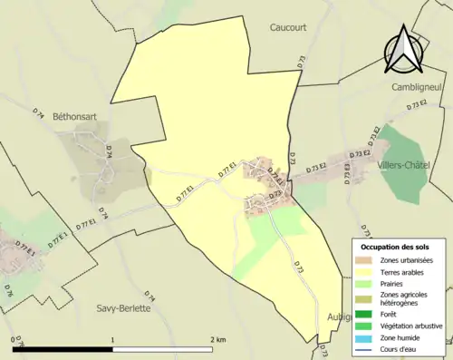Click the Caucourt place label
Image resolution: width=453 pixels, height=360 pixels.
coord(290,27)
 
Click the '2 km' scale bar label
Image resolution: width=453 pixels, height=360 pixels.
coord(217,339)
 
